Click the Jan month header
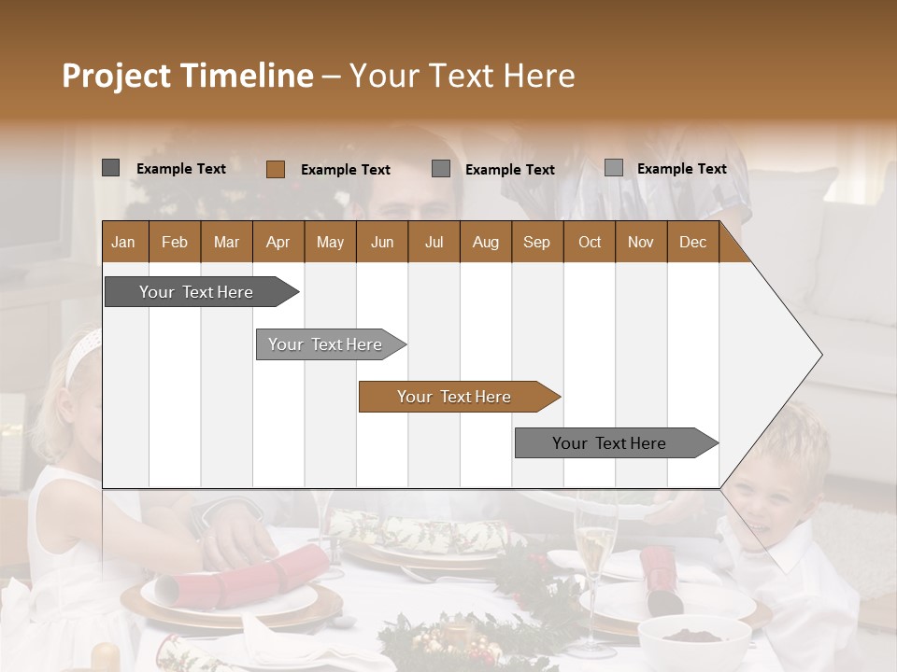coord(123,243)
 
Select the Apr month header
coord(278,243)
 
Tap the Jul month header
coord(434,243)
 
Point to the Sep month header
coord(536,243)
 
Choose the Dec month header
coord(692,243)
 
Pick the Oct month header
coord(590,243)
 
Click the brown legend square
coord(275,169)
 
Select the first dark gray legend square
coord(110,168)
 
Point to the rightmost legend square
coord(613,168)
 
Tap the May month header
coord(330,243)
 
